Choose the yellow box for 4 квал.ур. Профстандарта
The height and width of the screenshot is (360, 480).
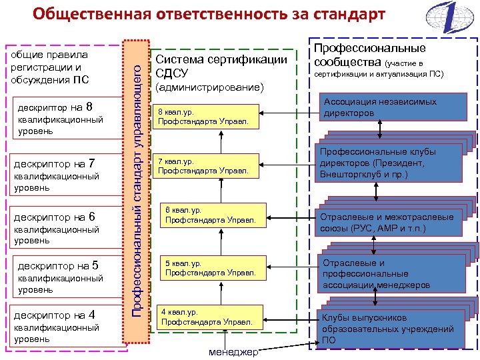coord(209,317)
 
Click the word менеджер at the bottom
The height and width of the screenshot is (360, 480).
coord(233,352)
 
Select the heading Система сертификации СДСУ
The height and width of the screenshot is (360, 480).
coord(221,65)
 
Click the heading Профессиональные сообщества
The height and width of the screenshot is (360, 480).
coord(369,55)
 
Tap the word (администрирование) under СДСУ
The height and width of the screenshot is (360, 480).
coord(209,87)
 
